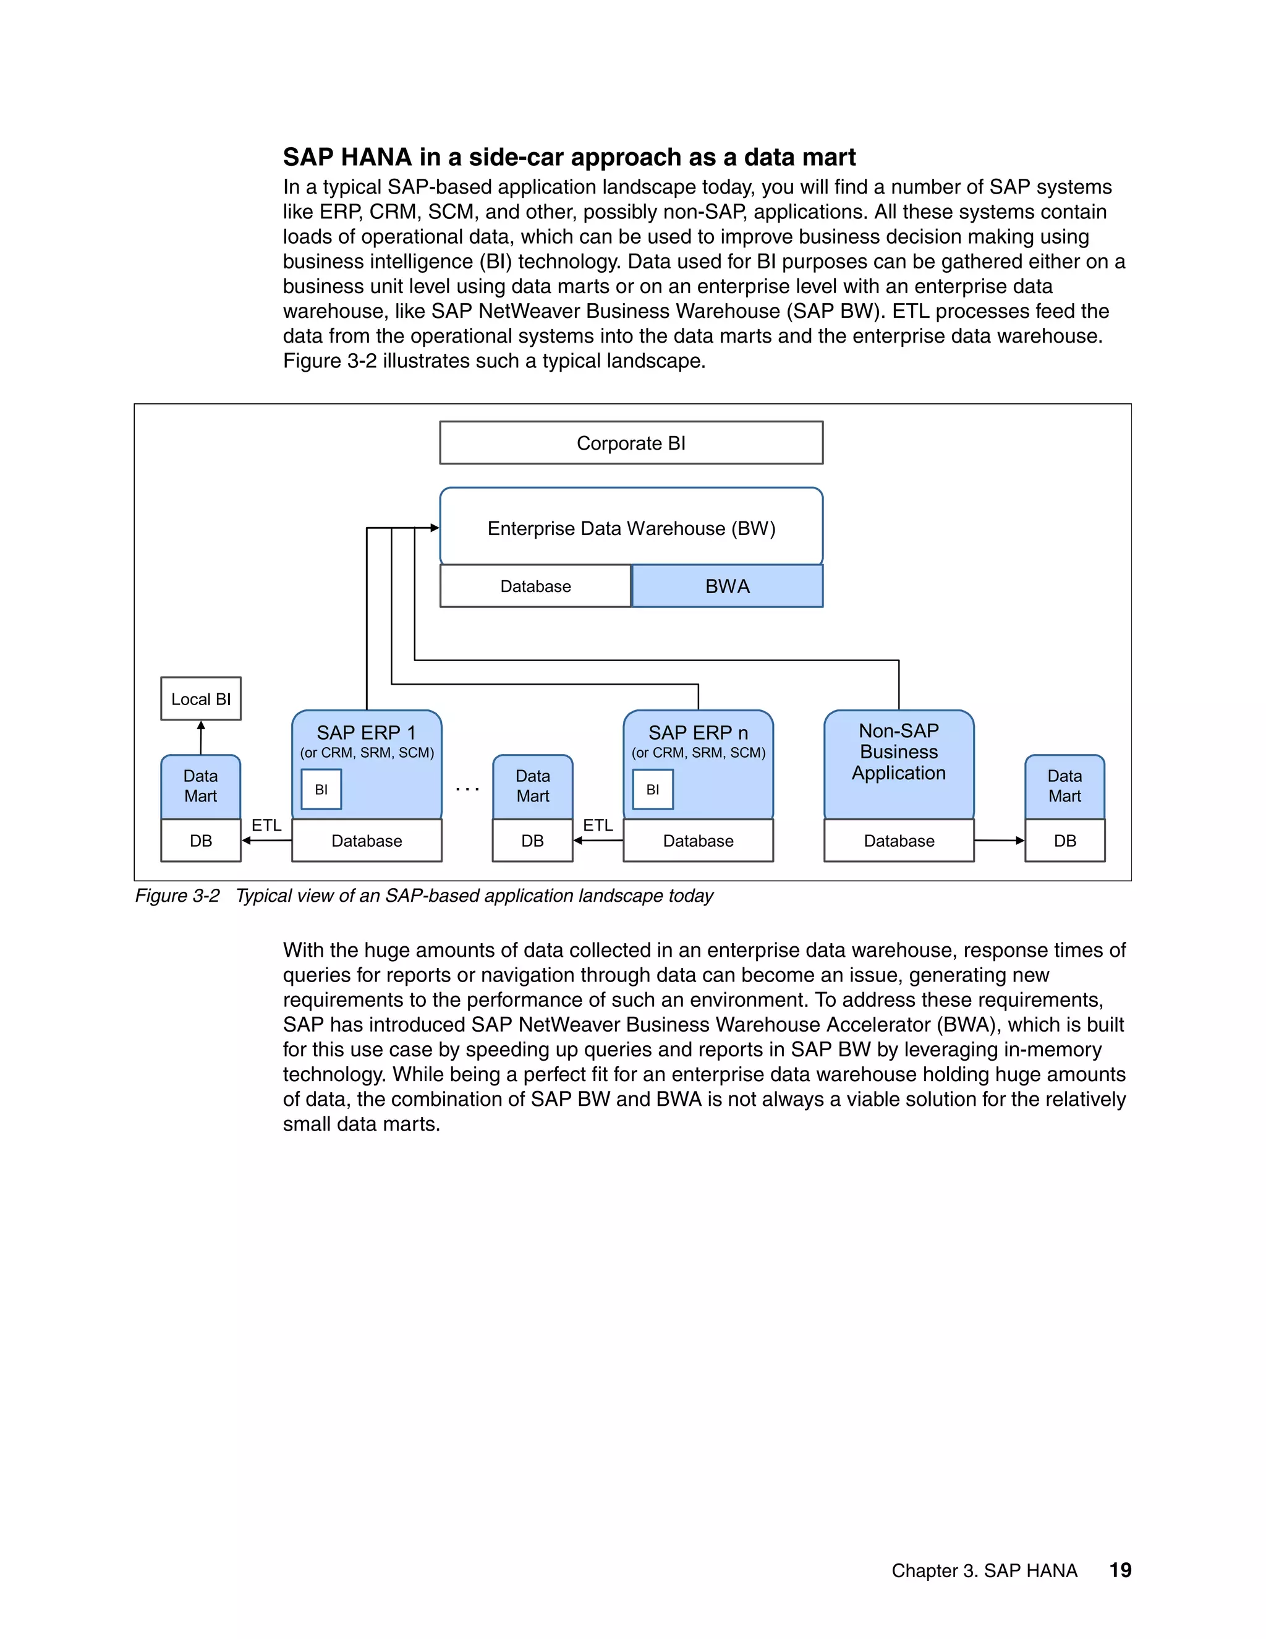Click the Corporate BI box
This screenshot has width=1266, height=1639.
(x=631, y=443)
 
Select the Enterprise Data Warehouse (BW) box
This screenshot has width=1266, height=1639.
(x=631, y=528)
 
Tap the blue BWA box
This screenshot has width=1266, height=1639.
(x=727, y=586)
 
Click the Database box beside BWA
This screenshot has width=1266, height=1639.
(x=535, y=586)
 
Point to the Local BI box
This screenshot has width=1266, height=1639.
(x=200, y=699)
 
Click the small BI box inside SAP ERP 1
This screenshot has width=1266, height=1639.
(x=321, y=789)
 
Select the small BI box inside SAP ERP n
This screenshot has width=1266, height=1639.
(x=653, y=789)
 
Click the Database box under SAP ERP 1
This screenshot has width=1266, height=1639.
(x=366, y=841)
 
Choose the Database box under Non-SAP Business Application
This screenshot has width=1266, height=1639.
(x=898, y=841)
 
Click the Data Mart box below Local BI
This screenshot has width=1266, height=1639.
(x=200, y=785)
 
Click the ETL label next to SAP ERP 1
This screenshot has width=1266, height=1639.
(x=266, y=824)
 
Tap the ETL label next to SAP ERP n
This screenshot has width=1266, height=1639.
(x=598, y=824)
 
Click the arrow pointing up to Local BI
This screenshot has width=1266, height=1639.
(x=200, y=737)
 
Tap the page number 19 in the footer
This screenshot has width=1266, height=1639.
(x=1119, y=1570)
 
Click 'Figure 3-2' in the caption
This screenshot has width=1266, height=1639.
(x=177, y=896)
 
